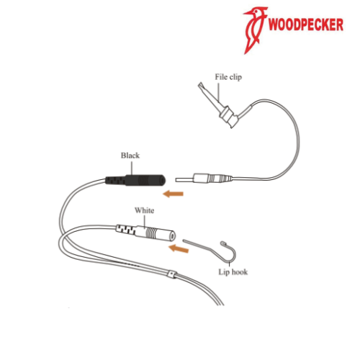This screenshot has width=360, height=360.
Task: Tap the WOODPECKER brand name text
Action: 306,24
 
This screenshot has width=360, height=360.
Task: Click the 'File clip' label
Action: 228,77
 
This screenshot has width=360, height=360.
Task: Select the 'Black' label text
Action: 130,156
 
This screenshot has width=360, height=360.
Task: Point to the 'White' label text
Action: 144,210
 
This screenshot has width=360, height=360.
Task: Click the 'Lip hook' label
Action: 233,272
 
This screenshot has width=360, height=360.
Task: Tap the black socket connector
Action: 135,180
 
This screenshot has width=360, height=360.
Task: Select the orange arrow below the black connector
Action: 173,194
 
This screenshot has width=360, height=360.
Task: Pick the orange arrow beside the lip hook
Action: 179,249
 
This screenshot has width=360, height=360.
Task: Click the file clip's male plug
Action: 204,178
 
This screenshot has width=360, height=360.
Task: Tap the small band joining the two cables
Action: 172,274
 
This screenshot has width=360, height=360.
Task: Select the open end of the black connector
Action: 163,181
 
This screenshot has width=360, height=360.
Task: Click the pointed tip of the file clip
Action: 200,84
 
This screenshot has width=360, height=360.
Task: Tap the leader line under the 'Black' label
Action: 132,168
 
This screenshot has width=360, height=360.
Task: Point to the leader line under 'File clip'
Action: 219,92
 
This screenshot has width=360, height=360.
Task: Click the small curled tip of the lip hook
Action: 223,243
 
